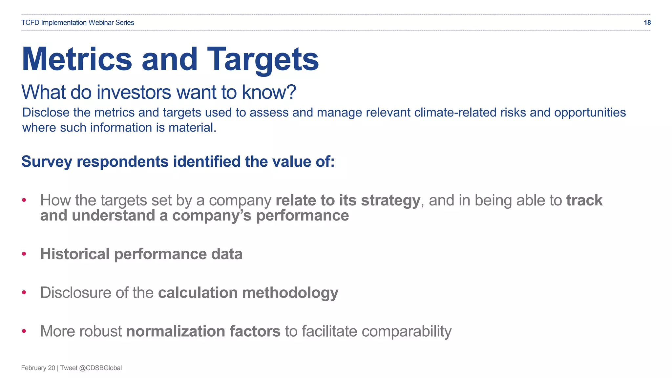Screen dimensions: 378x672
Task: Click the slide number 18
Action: click(647, 23)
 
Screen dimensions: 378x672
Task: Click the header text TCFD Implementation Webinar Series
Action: click(77, 23)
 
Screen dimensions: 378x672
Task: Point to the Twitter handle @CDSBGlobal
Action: click(100, 368)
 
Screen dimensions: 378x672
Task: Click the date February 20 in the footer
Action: click(38, 368)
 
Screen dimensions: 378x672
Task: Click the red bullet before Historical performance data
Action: click(24, 254)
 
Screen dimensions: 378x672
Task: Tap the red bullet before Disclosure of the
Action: click(24, 292)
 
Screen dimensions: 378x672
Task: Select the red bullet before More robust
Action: click(24, 331)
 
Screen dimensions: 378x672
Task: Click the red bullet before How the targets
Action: click(24, 200)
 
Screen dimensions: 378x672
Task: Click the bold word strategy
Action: click(390, 201)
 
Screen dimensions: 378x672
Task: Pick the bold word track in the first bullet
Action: click(584, 200)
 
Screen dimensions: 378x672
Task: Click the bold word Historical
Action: click(75, 254)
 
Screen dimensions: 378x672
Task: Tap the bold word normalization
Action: click(176, 331)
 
